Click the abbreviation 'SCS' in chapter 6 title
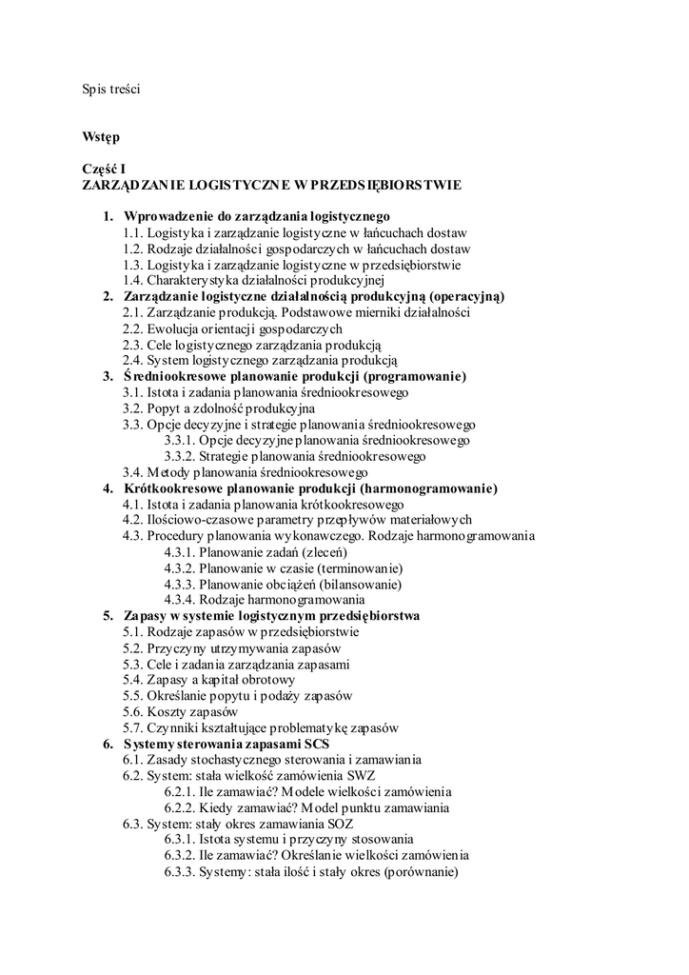pyautogui.click(x=315, y=744)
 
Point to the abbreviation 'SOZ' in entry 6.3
pyautogui.click(x=345, y=824)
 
